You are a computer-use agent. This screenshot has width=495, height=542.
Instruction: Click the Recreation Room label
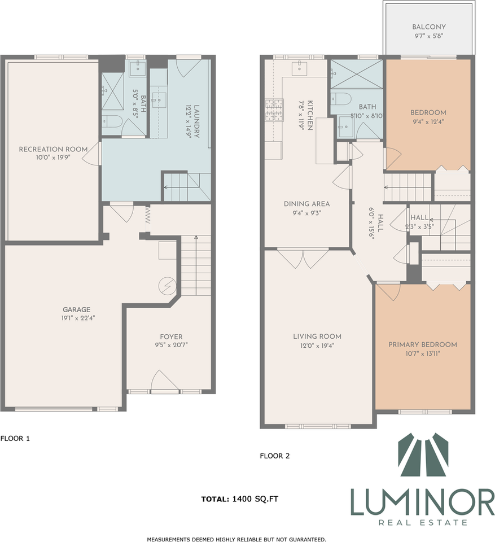tap(53, 149)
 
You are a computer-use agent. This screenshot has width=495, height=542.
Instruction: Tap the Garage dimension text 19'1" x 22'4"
tap(77, 317)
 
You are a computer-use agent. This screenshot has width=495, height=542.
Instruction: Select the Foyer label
tap(170, 336)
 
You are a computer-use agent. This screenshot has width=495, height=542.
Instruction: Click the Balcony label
tap(428, 27)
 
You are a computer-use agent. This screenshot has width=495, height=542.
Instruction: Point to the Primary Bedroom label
tap(422, 344)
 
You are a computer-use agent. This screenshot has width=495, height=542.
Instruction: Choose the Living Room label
tap(317, 336)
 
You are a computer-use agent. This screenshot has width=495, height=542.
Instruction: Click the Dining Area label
tap(306, 204)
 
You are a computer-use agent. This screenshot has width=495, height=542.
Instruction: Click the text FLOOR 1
tap(15, 438)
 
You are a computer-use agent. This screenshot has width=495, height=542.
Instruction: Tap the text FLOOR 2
tap(274, 456)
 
